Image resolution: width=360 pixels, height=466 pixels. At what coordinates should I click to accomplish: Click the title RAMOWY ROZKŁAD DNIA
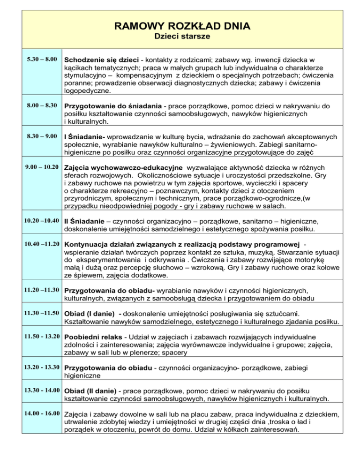pyautogui.click(x=180, y=25)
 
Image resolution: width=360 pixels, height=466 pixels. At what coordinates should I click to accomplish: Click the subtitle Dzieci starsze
pyautogui.click(x=180, y=36)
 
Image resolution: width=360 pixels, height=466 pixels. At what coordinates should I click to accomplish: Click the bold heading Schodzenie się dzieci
pyautogui.click(x=100, y=60)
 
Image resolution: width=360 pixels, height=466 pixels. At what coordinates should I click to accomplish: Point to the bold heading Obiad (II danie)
pyautogui.click(x=91, y=391)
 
